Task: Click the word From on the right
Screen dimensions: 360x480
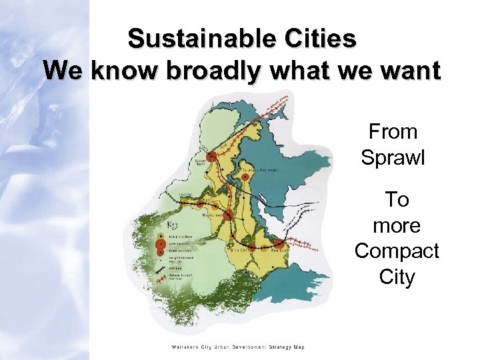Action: click(x=393, y=131)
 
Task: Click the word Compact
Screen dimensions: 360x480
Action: click(x=397, y=251)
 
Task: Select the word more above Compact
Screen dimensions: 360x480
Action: click(x=397, y=225)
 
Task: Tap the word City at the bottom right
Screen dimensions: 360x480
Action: click(x=397, y=277)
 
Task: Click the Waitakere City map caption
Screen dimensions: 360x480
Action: click(x=237, y=347)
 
